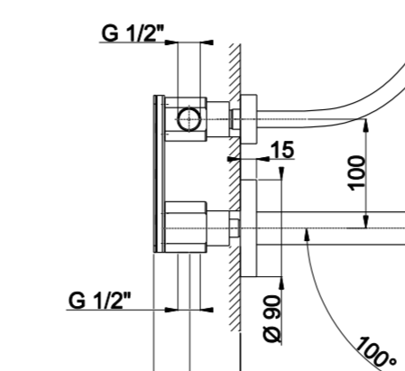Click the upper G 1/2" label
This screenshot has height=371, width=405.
point(133,33)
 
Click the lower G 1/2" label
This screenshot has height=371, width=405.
point(100,301)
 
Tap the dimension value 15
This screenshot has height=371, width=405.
point(282,149)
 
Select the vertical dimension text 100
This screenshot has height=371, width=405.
point(357,173)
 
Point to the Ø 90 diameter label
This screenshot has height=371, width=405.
point(272,319)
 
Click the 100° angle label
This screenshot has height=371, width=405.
point(376,351)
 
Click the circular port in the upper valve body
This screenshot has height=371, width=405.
point(189,119)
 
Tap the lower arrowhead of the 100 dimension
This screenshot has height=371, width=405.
point(366,222)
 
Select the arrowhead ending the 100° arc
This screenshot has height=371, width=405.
point(307,235)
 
